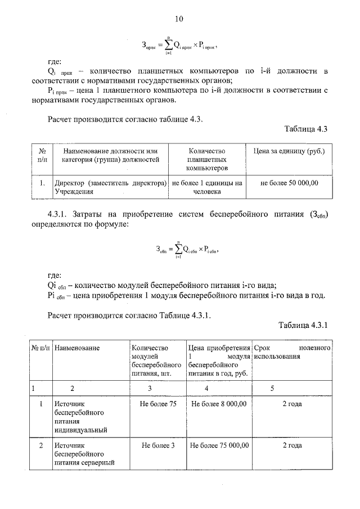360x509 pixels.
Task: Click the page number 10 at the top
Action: (179, 19)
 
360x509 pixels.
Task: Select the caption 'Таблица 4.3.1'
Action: (303, 325)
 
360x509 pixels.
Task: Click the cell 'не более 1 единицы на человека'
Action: (206, 187)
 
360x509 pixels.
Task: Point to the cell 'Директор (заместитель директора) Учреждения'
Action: (111, 187)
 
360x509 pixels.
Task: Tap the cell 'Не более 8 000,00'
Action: (219, 404)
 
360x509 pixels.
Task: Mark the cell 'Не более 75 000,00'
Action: (219, 445)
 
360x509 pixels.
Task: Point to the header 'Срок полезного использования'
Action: (291, 353)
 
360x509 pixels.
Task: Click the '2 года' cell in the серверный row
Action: (291, 445)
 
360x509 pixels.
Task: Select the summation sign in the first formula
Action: (168, 43)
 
